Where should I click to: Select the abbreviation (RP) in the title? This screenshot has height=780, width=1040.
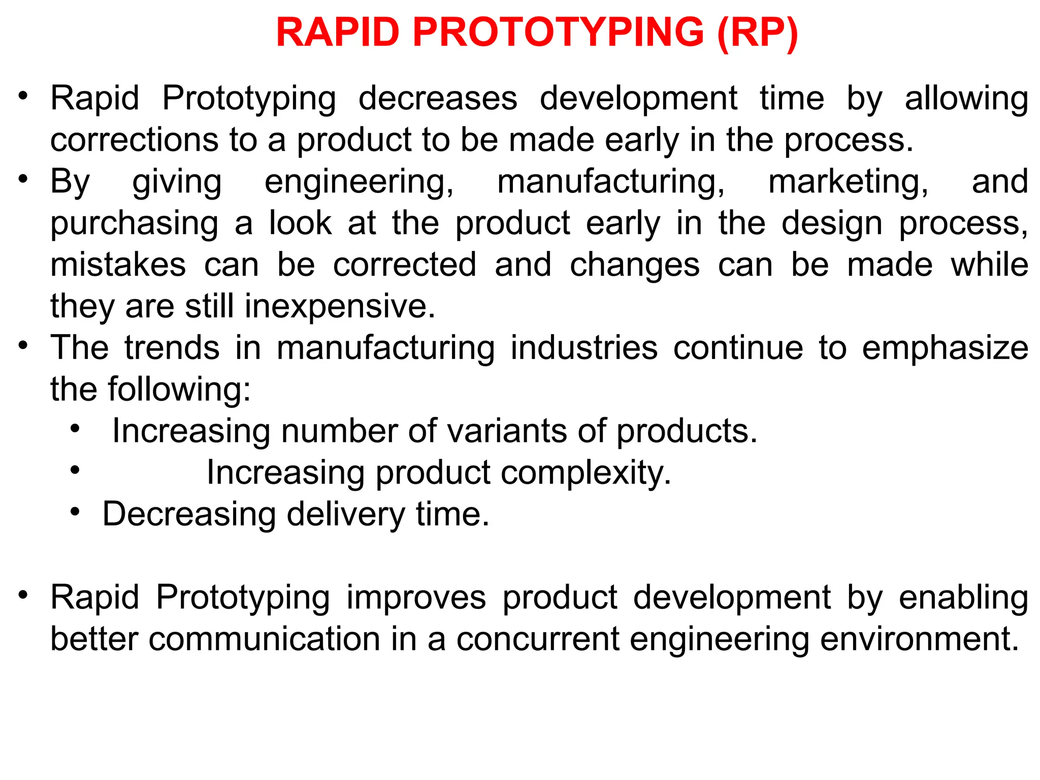pyautogui.click(x=758, y=32)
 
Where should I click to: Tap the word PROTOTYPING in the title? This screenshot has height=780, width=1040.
pyautogui.click(x=559, y=32)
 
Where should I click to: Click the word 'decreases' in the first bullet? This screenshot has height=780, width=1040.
pyautogui.click(x=438, y=98)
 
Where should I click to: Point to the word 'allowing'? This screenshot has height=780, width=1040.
pyautogui.click(x=966, y=98)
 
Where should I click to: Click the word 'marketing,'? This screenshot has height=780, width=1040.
pyautogui.click(x=848, y=181)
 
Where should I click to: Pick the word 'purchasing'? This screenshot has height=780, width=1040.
pyautogui.click(x=134, y=223)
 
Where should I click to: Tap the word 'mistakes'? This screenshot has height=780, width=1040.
pyautogui.click(x=118, y=265)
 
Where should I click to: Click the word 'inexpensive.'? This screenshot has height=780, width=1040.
pyautogui.click(x=340, y=306)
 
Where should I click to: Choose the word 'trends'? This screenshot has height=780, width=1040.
pyautogui.click(x=172, y=348)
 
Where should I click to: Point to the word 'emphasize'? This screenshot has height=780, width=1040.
pyautogui.click(x=945, y=348)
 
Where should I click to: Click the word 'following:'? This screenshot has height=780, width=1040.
pyautogui.click(x=179, y=389)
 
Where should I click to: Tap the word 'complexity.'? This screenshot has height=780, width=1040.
pyautogui.click(x=586, y=473)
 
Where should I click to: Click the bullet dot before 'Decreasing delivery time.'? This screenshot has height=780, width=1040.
pyautogui.click(x=75, y=511)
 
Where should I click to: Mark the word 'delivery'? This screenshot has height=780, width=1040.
pyautogui.click(x=345, y=514)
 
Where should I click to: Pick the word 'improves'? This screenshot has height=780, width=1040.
pyautogui.click(x=416, y=597)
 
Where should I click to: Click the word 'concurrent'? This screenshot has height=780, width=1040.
pyautogui.click(x=537, y=639)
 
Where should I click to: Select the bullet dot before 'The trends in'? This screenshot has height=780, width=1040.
pyautogui.click(x=22, y=345)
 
